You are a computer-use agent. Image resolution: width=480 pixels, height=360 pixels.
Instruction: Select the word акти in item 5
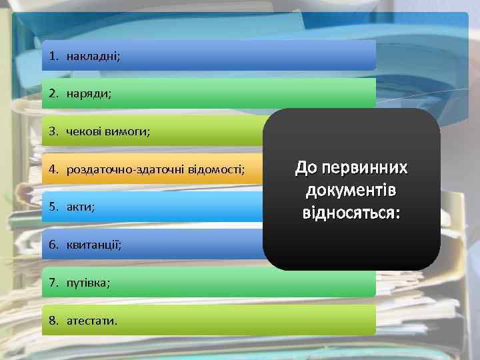pyautogui.click(x=80, y=207)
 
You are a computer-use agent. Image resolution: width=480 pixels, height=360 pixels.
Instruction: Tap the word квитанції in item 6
pyautogui.click(x=94, y=245)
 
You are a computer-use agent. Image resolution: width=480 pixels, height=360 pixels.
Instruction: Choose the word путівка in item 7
pyautogui.click(x=88, y=283)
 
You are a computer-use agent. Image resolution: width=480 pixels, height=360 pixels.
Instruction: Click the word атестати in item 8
pyautogui.click(x=91, y=321)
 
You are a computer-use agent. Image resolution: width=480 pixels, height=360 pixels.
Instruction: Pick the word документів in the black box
pyautogui.click(x=351, y=191)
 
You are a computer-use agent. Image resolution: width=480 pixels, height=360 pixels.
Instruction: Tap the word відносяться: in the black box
pyautogui.click(x=351, y=214)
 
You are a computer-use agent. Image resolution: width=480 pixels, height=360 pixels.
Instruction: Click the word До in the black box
pyautogui.click(x=306, y=167)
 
